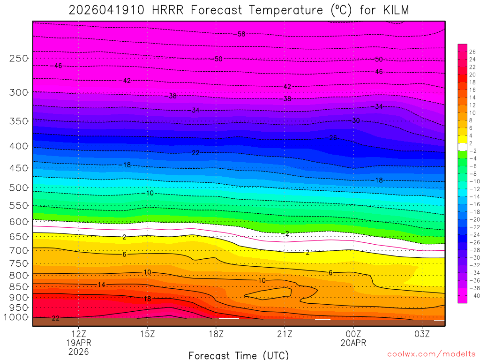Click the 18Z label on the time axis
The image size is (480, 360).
pos(216,334)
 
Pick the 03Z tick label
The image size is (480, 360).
pos(422,334)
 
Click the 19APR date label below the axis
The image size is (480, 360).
pos(78,343)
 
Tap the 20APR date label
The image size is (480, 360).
pos(353,343)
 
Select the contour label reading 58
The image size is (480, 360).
pos(241,34)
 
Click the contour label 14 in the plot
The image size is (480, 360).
pos(102,285)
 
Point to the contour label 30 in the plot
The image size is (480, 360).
pos(356,120)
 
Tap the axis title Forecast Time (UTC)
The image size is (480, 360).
pos(239,355)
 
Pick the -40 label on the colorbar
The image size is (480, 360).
pos(472,295)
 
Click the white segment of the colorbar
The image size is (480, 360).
pos(462,147)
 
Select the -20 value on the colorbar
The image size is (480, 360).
pos(472,219)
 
